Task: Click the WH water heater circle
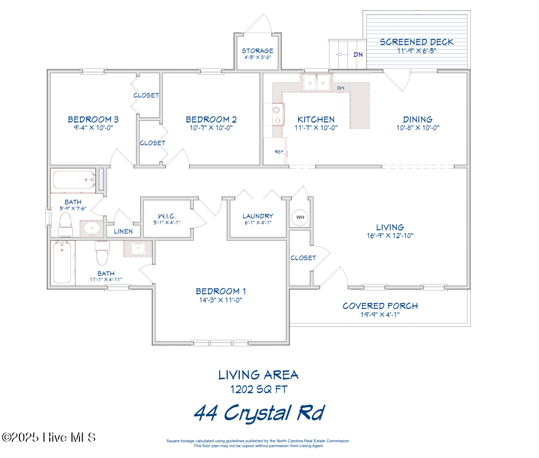click(300, 218)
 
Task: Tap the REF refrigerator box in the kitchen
click(279, 152)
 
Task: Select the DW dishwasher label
click(340, 88)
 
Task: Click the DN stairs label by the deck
click(358, 55)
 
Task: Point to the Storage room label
click(257, 51)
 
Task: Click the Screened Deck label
click(416, 42)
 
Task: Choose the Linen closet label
click(123, 231)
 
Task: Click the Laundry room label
click(258, 216)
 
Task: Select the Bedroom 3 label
click(93, 119)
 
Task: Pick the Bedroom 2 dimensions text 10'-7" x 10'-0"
click(211, 128)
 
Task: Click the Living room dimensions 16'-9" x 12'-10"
click(390, 236)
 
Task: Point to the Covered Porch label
click(380, 306)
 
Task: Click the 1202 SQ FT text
click(259, 389)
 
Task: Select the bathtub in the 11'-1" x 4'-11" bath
click(62, 262)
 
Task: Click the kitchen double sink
click(317, 82)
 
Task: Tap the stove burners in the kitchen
click(277, 114)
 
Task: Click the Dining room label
click(417, 119)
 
